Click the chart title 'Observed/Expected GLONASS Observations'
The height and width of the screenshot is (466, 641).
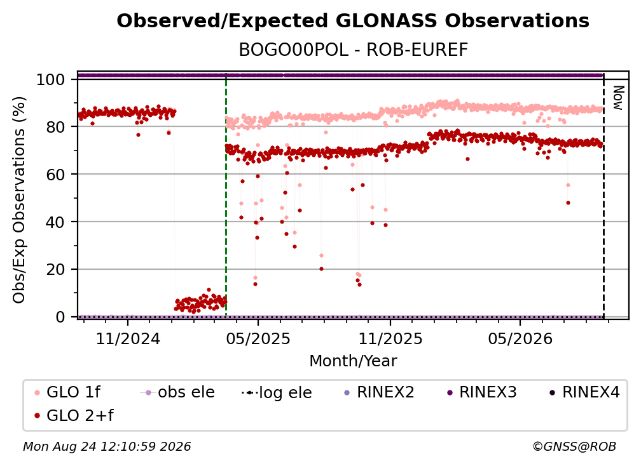(353, 21)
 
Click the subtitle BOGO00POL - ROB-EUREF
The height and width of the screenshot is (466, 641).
(353, 50)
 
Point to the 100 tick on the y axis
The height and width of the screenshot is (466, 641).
(50, 79)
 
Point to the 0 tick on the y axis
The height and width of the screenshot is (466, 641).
(60, 317)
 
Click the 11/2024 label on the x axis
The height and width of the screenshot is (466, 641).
(128, 338)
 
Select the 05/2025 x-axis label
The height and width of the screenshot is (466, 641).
(258, 338)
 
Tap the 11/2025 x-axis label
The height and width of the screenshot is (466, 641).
(390, 338)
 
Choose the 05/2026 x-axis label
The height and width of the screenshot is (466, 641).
(520, 338)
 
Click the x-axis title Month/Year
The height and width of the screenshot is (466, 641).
(353, 361)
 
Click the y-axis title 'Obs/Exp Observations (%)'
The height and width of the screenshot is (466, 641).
(19, 199)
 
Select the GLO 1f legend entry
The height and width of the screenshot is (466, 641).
(67, 392)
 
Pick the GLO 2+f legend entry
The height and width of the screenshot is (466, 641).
(74, 415)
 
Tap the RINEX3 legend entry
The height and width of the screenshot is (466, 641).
(482, 392)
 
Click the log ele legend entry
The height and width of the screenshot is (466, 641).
(277, 392)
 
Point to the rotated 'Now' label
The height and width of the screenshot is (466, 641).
(617, 98)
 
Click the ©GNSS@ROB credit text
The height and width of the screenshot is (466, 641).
(574, 446)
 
